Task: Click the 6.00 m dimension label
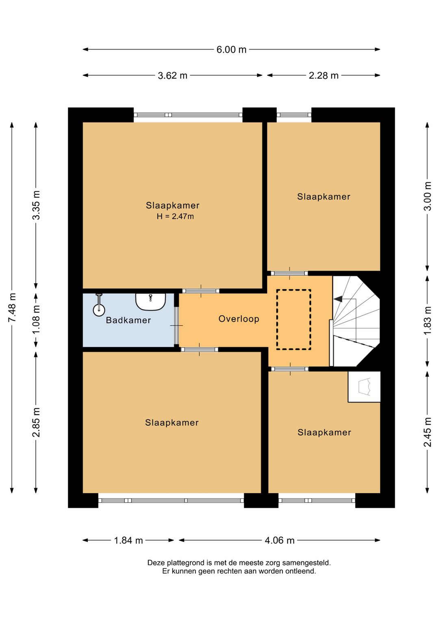point(231,50)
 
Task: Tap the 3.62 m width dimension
point(173,75)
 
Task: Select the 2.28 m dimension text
point(324,75)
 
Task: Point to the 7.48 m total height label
point(12,308)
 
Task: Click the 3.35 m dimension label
point(36,205)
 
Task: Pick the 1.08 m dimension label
point(36,319)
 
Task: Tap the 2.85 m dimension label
point(36,422)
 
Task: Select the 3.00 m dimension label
point(428,196)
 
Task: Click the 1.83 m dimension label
point(428,321)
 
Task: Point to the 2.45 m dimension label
point(428,432)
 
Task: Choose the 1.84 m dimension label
point(128,540)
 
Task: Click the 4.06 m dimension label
point(280,540)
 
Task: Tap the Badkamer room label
point(128,321)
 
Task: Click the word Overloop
point(239,319)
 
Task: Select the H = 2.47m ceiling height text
point(175,216)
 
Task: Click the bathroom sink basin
point(150,302)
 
